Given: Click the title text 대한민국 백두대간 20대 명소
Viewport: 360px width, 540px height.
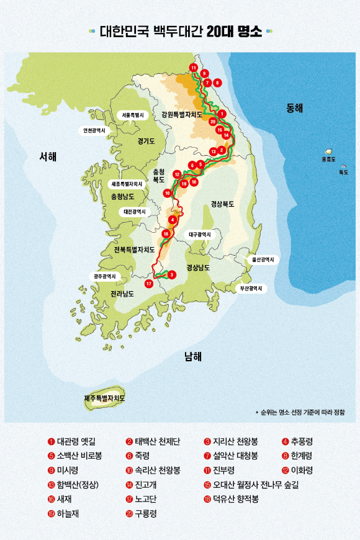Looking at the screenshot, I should click(180, 32).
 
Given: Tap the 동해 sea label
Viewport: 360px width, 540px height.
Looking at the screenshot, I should click(294, 108).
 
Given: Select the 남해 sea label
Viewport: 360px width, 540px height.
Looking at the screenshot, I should click(192, 356).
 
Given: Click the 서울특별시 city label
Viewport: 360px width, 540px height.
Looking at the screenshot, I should click(132, 115).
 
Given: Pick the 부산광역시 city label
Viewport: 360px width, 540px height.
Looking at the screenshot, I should click(251, 289).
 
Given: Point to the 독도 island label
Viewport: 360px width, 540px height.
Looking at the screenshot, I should click(343, 173).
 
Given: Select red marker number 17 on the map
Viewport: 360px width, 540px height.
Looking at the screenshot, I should click(148, 284).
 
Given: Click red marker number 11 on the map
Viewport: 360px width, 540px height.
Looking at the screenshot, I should click(194, 68).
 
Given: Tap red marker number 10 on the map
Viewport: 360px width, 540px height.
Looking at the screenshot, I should click(167, 193).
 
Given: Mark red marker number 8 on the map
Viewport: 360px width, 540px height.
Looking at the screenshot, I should click(217, 82).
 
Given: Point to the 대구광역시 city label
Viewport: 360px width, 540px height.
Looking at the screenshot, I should click(199, 235).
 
